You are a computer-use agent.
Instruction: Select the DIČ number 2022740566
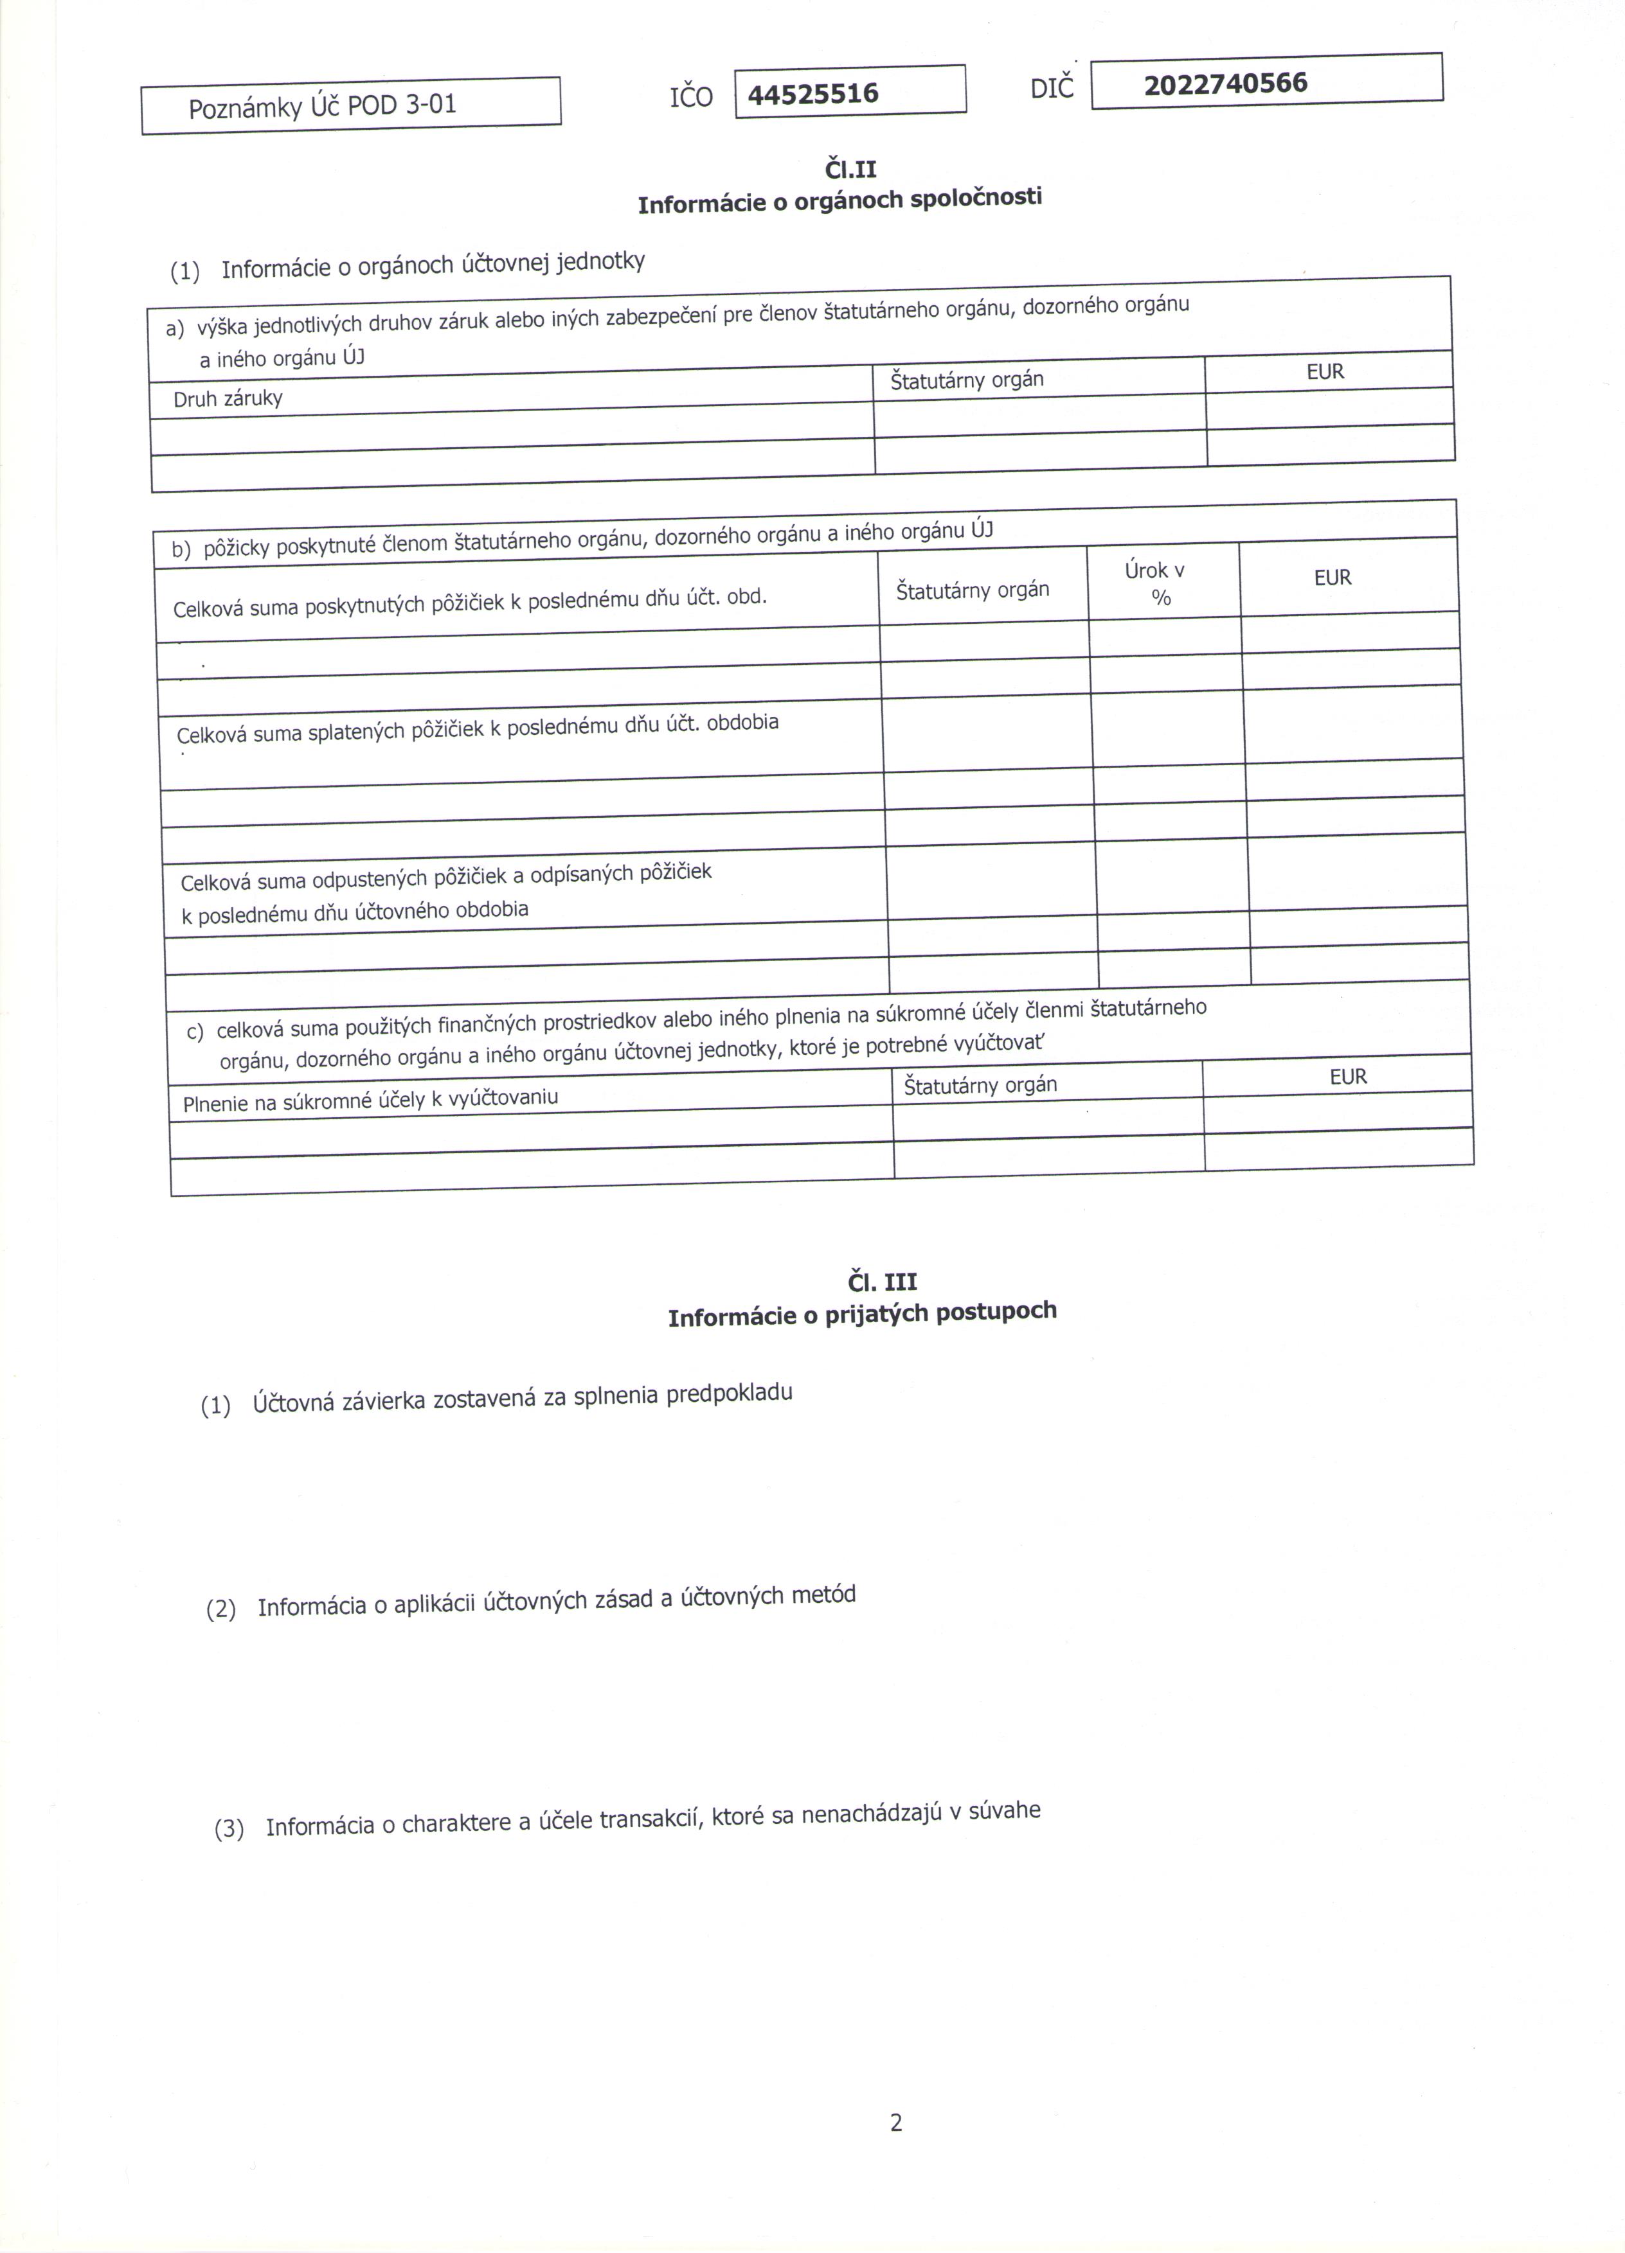[1225, 84]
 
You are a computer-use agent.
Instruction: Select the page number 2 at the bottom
[895, 2123]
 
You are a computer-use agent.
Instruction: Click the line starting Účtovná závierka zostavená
[522, 1398]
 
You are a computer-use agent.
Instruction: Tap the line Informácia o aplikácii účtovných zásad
[555, 1602]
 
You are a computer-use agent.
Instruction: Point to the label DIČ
[1052, 89]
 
